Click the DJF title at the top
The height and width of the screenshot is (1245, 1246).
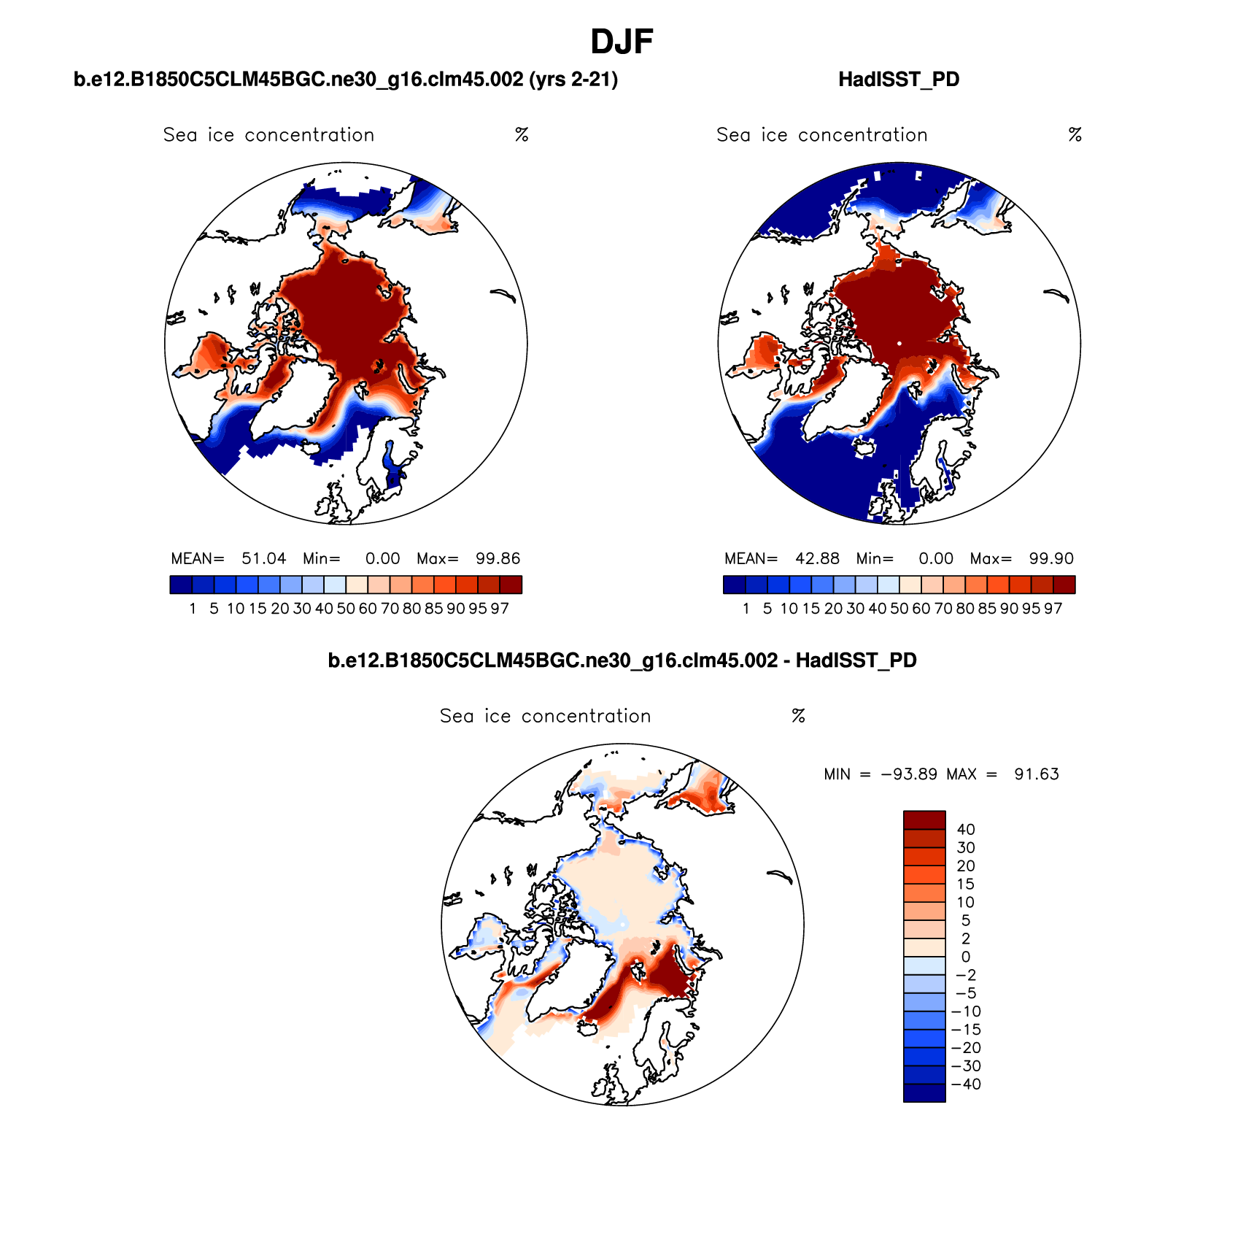pyautogui.click(x=622, y=42)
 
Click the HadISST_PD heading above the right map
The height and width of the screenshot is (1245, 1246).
pyautogui.click(x=899, y=80)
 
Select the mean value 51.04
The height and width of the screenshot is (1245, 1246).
pyautogui.click(x=263, y=559)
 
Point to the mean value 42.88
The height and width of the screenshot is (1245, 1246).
pyautogui.click(x=817, y=559)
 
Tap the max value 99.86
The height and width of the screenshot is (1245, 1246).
pyautogui.click(x=498, y=559)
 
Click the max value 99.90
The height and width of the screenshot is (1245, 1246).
pyautogui.click(x=1051, y=559)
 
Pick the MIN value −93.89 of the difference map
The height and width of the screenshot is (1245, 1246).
pyautogui.click(x=909, y=774)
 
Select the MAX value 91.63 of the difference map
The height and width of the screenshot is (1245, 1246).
pyautogui.click(x=1036, y=774)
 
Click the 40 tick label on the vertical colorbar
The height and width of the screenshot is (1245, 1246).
pyautogui.click(x=966, y=830)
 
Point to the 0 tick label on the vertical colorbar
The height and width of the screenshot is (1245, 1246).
pyautogui.click(x=966, y=957)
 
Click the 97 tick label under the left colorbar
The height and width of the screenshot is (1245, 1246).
pyautogui.click(x=500, y=609)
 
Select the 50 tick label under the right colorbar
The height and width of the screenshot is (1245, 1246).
pyautogui.click(x=899, y=609)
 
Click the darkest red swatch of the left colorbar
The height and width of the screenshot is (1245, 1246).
pyautogui.click(x=511, y=585)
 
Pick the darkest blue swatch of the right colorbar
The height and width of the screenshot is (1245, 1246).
pyautogui.click(x=735, y=585)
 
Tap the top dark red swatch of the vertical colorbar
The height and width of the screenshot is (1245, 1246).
pyautogui.click(x=924, y=820)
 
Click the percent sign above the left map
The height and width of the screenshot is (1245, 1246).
pyautogui.click(x=522, y=135)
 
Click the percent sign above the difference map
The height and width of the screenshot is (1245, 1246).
pyautogui.click(x=798, y=716)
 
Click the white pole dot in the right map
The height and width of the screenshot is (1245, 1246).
pyautogui.click(x=899, y=343)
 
